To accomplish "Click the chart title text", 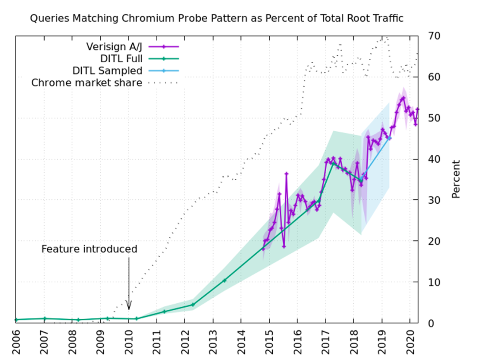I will (216, 19).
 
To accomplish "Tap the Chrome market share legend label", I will (87, 83).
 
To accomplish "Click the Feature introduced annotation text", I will (89, 249).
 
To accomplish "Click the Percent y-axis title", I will (456, 179).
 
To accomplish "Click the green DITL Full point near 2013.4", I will (224, 280).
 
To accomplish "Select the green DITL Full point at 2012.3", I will (193, 304).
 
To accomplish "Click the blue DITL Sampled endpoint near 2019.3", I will (389, 138).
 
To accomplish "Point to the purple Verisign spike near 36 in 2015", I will (287, 173).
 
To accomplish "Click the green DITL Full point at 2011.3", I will (165, 312).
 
